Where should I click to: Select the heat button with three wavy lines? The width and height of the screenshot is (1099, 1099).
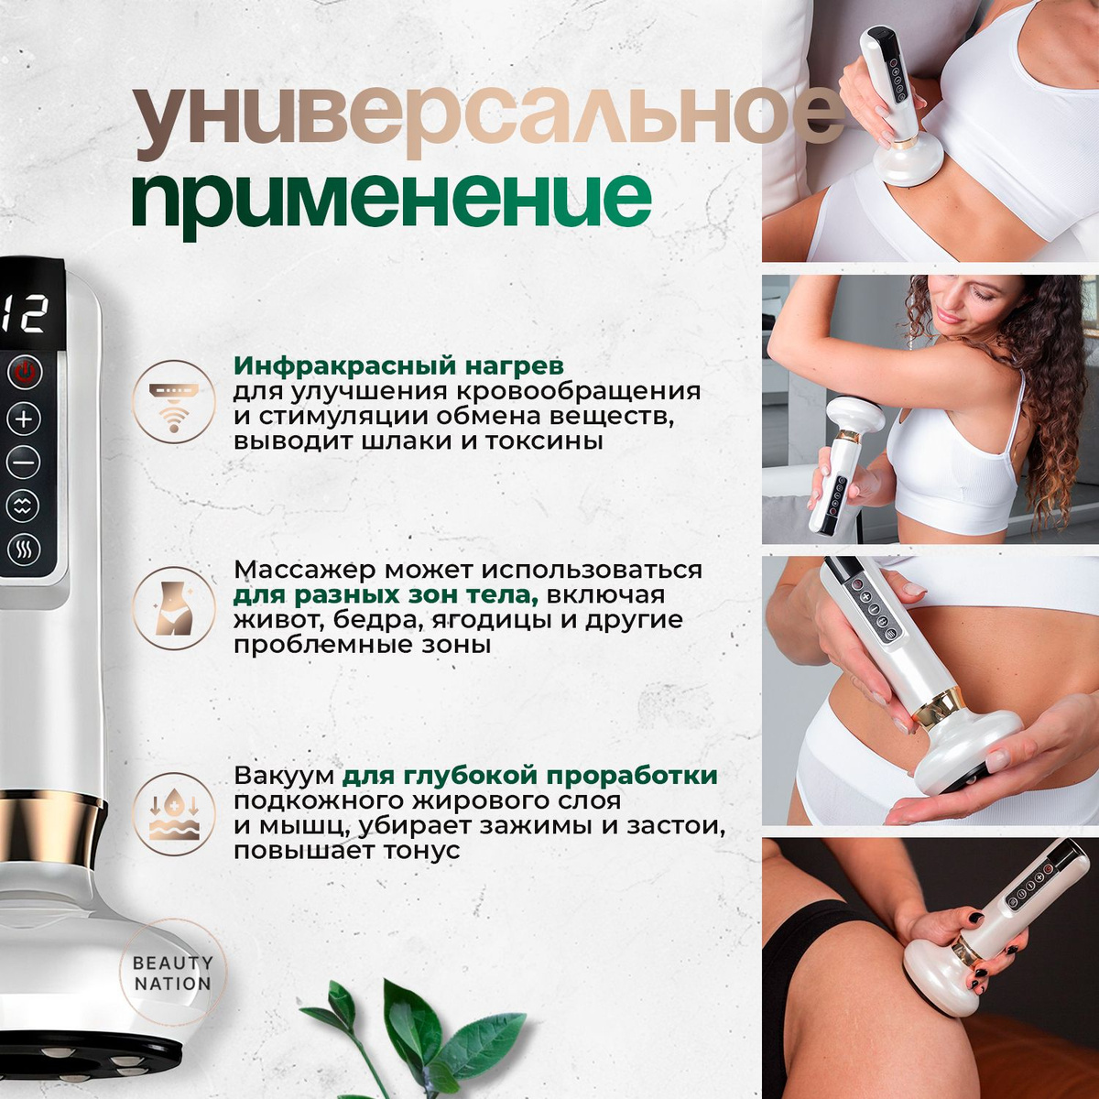point(24,550)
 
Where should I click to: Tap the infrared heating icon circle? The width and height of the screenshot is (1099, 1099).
point(174,401)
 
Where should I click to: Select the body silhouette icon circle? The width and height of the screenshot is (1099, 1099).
point(174,608)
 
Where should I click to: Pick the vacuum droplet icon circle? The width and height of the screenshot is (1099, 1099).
point(174,814)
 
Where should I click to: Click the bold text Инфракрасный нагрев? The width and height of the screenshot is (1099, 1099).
point(398,366)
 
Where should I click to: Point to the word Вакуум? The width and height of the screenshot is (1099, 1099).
point(284,776)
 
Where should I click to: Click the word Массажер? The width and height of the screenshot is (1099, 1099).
point(305,570)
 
